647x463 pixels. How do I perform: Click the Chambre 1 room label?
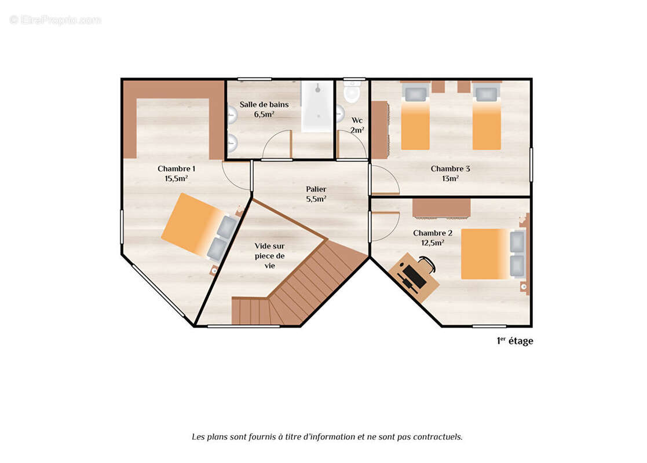point(176,168)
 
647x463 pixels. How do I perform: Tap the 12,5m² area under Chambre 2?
point(433,243)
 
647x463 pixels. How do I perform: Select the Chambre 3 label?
point(450,168)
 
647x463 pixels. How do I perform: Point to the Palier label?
point(316,189)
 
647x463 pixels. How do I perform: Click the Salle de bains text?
point(264,105)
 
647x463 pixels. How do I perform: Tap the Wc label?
point(357,120)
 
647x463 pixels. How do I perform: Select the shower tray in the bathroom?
point(317,106)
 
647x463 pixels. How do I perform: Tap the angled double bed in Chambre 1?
point(200,227)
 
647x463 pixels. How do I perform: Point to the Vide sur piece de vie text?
point(269,256)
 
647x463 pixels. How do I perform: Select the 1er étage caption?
point(515,341)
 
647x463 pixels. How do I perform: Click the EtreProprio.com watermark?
point(55,20)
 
